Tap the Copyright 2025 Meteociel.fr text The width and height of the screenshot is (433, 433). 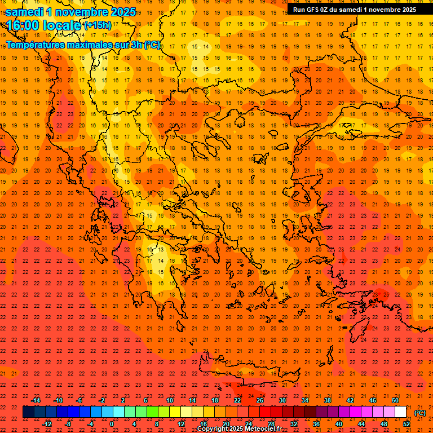click(239, 429)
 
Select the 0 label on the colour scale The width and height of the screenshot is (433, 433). click(112, 424)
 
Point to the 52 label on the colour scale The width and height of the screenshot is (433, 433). click(406, 424)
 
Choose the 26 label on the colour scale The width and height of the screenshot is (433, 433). click(260, 400)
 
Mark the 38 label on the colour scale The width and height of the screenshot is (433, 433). click(328, 400)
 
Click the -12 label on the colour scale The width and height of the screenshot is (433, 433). click(47, 424)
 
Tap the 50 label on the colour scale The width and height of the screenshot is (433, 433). click(395, 400)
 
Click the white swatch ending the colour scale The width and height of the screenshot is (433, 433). click(400, 412)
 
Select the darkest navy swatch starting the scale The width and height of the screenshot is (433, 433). click(28, 412)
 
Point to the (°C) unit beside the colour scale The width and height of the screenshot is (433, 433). click(420, 413)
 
